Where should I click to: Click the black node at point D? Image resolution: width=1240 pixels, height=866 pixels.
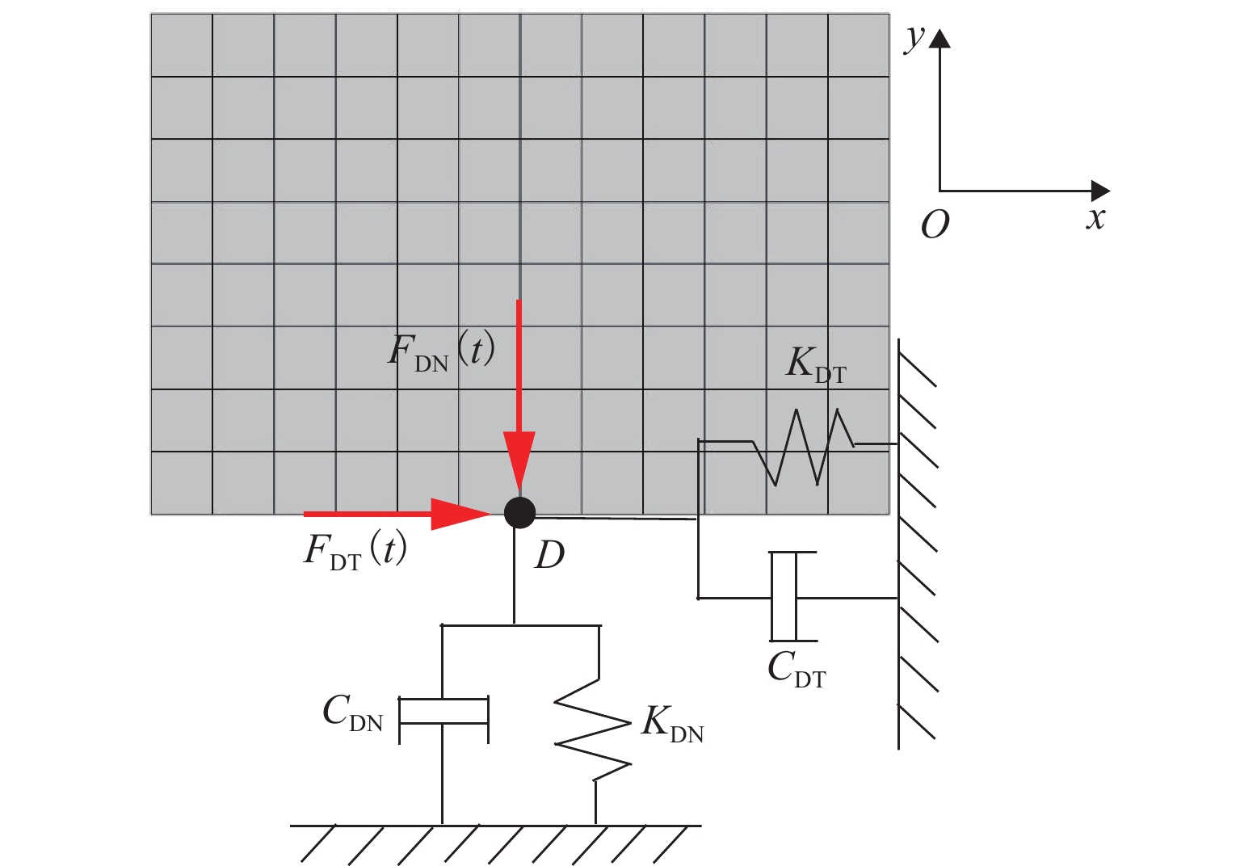pyautogui.click(x=519, y=512)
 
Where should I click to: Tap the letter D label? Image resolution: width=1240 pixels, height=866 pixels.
pyautogui.click(x=549, y=556)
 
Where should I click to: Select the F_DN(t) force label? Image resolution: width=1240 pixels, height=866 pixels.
pyautogui.click(x=440, y=351)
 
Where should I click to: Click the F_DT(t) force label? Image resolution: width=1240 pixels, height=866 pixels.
pyautogui.click(x=355, y=551)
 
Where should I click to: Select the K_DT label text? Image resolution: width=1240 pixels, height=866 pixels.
pyautogui.click(x=816, y=364)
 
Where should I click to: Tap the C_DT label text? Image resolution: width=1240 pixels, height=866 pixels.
pyautogui.click(x=797, y=669)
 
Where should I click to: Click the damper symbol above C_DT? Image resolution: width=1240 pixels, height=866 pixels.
pyautogui.click(x=784, y=597)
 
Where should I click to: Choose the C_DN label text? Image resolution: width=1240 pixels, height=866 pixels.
pyautogui.click(x=352, y=713)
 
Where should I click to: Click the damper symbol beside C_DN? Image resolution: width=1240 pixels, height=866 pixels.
pyautogui.click(x=443, y=711)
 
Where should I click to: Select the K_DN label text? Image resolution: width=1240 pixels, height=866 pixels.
pyautogui.click(x=672, y=722)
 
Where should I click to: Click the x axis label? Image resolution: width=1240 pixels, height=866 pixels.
pyautogui.click(x=1095, y=218)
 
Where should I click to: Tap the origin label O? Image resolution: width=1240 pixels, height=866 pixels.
pyautogui.click(x=935, y=225)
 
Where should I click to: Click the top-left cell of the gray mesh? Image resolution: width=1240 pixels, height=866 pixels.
pyautogui.click(x=182, y=45)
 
